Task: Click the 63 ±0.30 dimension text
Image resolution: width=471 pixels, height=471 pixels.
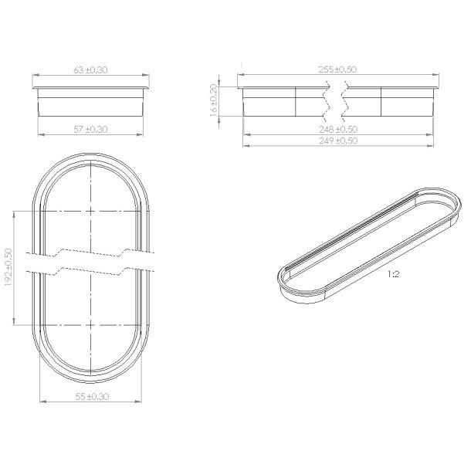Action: point(90,70)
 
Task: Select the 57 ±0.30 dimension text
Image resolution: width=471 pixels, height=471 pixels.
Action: point(90,130)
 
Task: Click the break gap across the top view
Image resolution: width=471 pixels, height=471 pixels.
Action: point(90,263)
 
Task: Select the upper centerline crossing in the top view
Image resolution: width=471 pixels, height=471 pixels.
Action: point(91,211)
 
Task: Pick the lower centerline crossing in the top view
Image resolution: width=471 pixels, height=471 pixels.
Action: point(91,325)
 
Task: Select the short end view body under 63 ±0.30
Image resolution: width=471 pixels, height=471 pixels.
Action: point(90,100)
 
